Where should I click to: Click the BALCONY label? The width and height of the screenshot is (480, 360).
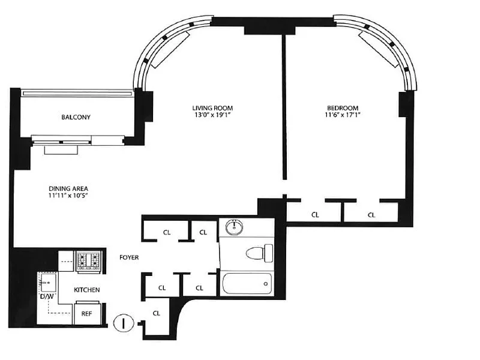coord(76,117)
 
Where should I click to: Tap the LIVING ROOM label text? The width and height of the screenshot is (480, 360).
coord(212,108)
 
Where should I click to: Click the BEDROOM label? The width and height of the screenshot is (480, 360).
coord(343,108)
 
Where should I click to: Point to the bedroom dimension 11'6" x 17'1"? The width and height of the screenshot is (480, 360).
coord(343,115)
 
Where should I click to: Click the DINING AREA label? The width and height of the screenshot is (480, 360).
coord(68,188)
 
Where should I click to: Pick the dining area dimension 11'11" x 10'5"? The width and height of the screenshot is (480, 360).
coord(68,196)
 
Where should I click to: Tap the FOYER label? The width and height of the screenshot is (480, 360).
coord(129,257)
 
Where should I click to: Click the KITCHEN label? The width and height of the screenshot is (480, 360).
coord(86,290)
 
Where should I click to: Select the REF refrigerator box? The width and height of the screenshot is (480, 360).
coord(87,313)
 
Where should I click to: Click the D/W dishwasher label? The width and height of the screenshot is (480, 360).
coord(47,296)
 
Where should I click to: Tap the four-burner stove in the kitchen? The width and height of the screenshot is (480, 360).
coord(88,261)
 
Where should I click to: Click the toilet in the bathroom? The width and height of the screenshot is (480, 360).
coord(259,253)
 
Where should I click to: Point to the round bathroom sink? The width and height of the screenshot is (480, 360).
coord(235,227)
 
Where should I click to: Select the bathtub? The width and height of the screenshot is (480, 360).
coord(247,283)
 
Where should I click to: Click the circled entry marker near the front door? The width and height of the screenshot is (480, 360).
coord(124,323)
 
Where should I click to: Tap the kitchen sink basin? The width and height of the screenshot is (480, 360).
coord(49,282)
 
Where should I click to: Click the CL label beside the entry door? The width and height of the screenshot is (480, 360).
coord(157,313)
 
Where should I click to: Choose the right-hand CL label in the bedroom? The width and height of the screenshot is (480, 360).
coord(371,215)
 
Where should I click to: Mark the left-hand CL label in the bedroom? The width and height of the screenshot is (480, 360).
coord(315,215)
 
